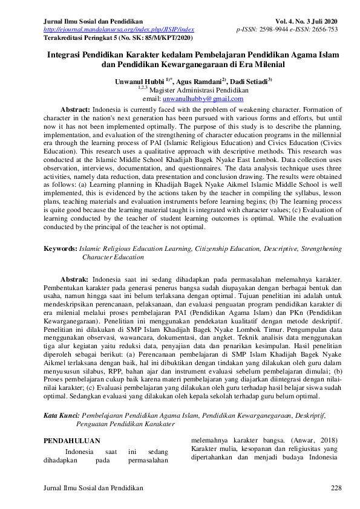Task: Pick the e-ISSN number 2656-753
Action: (x=325, y=29)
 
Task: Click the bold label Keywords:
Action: (x=61, y=248)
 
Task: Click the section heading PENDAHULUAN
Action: (x=73, y=441)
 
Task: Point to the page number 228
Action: (x=336, y=487)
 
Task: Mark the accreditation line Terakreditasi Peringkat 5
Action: (x=119, y=37)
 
